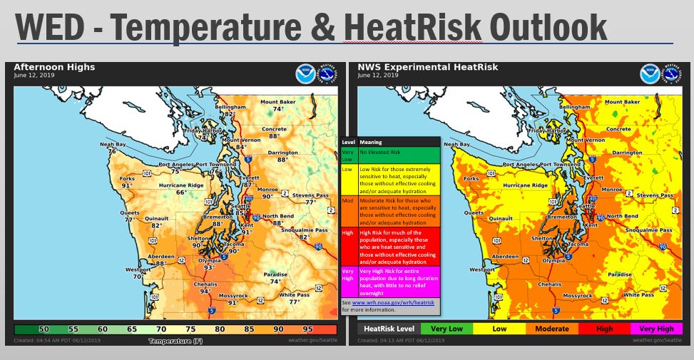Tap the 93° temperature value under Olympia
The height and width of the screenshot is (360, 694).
(x=209, y=268)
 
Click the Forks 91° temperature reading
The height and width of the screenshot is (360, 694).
(x=127, y=185)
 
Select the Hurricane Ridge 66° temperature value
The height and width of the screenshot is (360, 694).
(x=181, y=192)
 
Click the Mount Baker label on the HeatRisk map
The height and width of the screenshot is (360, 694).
(x=623, y=102)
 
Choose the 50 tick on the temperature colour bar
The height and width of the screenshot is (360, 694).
(x=44, y=329)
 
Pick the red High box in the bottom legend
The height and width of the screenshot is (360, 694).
(x=603, y=329)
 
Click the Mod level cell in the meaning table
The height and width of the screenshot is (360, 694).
(x=349, y=202)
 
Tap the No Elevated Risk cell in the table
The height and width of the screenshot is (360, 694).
(x=399, y=151)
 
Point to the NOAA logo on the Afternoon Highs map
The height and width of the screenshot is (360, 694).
(x=305, y=73)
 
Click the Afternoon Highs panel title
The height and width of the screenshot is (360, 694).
(x=54, y=67)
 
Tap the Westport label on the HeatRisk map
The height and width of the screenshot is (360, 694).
(x=483, y=269)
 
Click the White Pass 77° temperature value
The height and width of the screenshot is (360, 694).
(x=294, y=302)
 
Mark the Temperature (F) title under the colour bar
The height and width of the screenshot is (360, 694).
(x=175, y=341)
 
